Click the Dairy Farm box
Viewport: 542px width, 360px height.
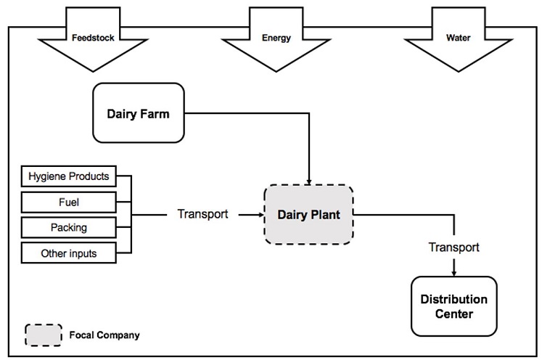click(138, 112)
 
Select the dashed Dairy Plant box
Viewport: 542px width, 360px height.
click(308, 215)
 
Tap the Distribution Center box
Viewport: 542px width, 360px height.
click(454, 306)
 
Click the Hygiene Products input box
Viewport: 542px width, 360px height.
click(68, 176)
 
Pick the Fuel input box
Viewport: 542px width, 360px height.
click(68, 202)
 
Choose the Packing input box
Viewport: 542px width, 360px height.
click(68, 227)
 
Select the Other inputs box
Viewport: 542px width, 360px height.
click(68, 253)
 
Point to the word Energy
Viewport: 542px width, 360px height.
click(276, 37)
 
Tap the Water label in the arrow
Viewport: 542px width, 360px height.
click(458, 37)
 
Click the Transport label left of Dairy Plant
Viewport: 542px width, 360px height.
click(202, 214)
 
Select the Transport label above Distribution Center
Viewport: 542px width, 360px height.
click(454, 247)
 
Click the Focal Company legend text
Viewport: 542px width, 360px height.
click(104, 335)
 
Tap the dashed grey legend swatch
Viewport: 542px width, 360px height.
click(44, 335)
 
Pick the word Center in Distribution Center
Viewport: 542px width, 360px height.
click(454, 314)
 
